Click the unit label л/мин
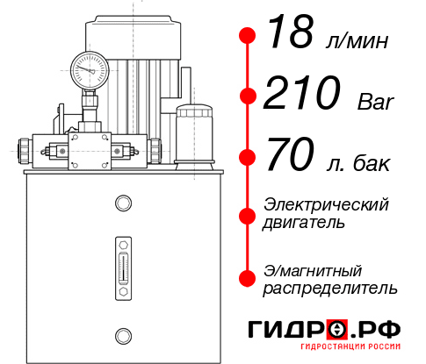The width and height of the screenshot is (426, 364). coord(356,40)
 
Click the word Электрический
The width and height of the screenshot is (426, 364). coord(326,204)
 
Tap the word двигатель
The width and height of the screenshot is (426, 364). coord(304,223)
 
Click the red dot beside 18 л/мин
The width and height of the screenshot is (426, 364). coord(249,36)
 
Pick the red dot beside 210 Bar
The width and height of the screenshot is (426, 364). coord(249,96)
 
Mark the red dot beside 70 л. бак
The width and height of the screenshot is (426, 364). coord(249,157)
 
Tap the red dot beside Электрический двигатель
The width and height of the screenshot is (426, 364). coord(249,214)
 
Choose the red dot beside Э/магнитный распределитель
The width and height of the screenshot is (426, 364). coord(249,278)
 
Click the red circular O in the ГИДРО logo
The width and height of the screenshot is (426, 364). coord(336,330)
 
